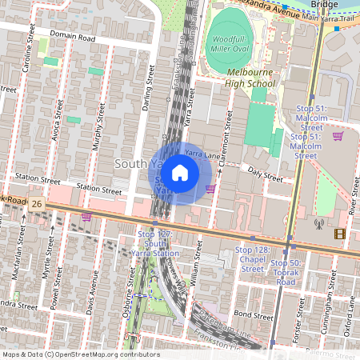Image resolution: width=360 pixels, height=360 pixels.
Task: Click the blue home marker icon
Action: coord(180,173)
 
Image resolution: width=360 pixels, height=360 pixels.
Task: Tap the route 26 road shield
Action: coord(37,205)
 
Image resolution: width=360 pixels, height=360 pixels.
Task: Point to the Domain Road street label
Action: coord(72,37)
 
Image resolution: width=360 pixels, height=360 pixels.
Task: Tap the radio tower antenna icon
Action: coord(318,225)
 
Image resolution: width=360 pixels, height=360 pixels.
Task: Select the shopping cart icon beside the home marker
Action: coord(211,189)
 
